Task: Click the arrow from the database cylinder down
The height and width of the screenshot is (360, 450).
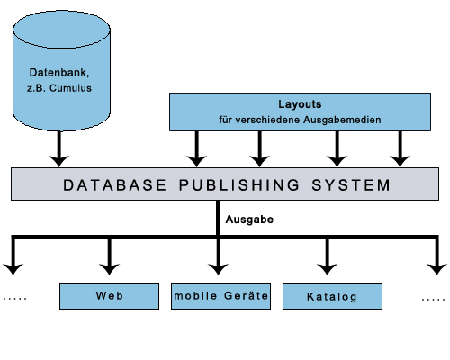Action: point(58,148)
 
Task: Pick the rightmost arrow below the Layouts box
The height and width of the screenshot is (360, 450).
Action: point(400,149)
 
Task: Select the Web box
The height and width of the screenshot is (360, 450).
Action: point(108,296)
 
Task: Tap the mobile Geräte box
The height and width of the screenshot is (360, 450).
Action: point(220,296)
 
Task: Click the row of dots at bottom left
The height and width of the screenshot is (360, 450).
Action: point(15,298)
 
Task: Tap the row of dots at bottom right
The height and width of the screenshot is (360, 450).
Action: point(433,298)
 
